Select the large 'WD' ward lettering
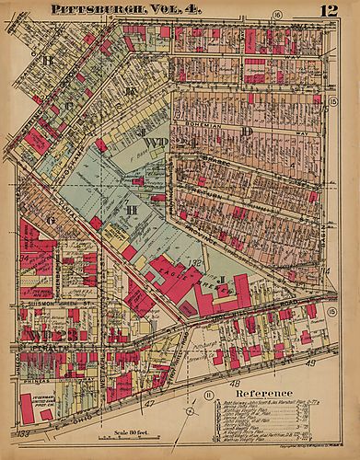pyautogui.click(x=153, y=141)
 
